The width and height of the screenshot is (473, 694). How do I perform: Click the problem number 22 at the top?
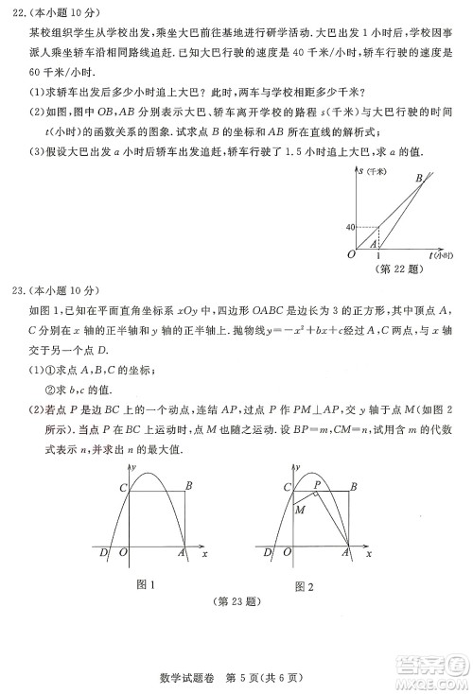[19, 12]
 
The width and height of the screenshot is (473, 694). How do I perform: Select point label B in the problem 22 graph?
[419, 178]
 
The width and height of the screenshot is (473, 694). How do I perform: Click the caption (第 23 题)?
[234, 602]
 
